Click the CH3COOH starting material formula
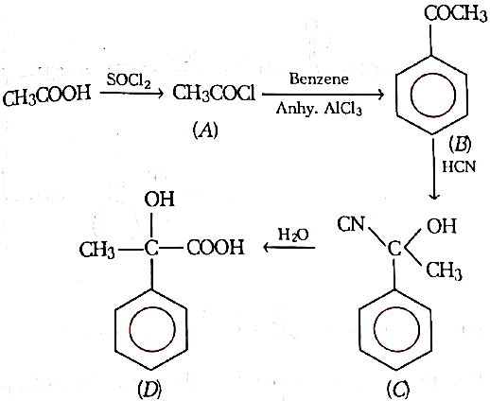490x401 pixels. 46,95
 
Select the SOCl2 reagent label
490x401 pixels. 129,80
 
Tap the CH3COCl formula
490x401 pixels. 214,94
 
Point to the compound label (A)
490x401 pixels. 205,130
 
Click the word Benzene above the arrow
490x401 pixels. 319,78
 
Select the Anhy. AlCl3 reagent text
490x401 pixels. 319,109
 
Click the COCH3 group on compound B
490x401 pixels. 455,14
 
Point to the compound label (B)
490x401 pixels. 460,144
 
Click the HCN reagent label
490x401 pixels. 459,166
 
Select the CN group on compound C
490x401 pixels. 351,224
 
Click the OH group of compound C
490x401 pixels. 442,226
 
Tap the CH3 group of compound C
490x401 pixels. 445,270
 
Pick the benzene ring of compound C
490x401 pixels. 359,329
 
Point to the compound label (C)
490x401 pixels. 398,389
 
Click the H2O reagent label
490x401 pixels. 293,235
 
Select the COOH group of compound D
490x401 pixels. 216,248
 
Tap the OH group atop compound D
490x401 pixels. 159,200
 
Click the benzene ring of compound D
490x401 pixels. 115,329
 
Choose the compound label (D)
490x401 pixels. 149,390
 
